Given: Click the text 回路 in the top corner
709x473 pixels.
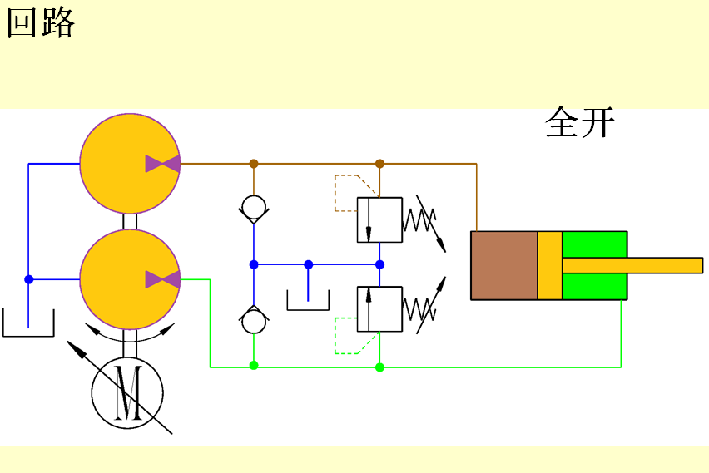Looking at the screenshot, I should coord(41,23).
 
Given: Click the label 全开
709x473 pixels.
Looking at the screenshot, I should coord(580,123).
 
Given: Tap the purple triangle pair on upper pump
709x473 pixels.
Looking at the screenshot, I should coord(162,164).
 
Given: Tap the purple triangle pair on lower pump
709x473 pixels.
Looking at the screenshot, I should coord(162,279).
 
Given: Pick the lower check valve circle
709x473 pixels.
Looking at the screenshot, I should coord(254,321).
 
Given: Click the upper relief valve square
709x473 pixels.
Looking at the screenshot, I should coord(379,220).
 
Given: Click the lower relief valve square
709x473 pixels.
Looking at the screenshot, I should coord(379,308).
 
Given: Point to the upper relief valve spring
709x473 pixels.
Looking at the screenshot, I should coord(420,220).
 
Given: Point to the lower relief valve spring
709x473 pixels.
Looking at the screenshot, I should coord(420,308).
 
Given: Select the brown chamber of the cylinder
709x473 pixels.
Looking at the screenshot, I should coord(504,265).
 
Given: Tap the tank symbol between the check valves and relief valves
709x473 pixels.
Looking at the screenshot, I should coord(308,301).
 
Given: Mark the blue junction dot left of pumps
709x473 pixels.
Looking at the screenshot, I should coord(28,279).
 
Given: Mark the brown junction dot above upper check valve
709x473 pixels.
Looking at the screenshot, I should coord(254,164).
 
